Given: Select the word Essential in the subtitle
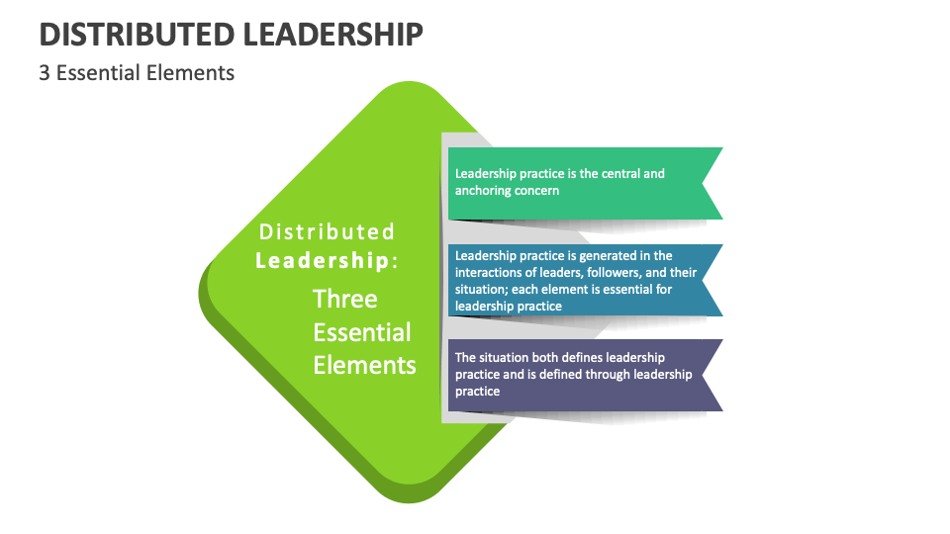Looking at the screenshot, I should point(96,73).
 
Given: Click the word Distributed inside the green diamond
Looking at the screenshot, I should point(327,232).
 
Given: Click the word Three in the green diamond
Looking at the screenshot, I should point(345,299).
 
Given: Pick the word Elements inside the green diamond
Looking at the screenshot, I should point(364,365).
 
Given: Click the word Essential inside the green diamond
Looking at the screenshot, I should point(362,332).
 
